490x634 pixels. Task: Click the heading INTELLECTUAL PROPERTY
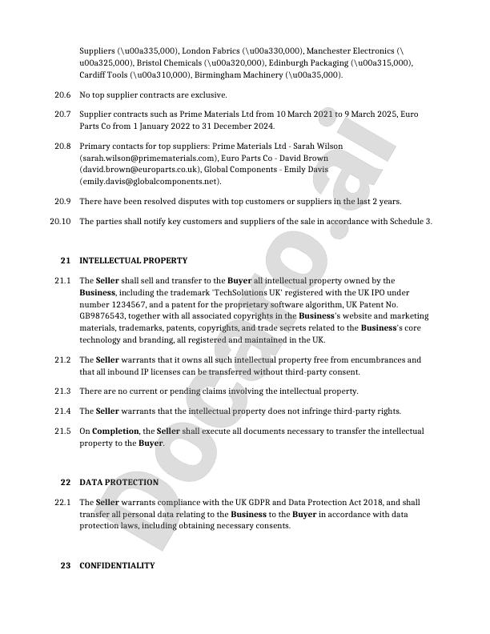click(x=133, y=260)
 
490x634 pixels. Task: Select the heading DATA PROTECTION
click(x=118, y=483)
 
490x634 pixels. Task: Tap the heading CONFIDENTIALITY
click(x=117, y=566)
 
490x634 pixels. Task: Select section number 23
click(x=66, y=566)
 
